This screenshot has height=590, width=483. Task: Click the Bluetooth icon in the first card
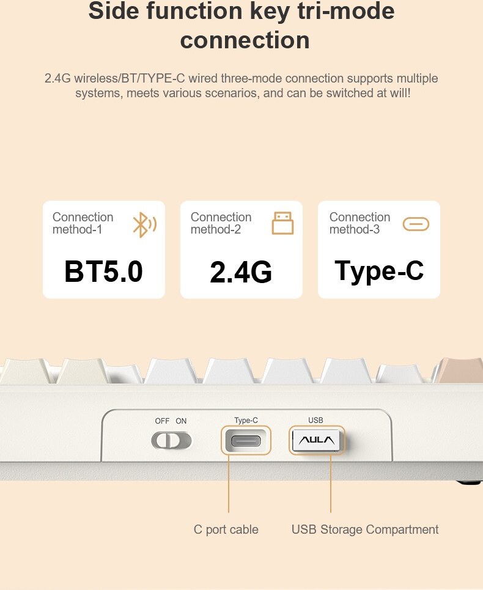point(144,224)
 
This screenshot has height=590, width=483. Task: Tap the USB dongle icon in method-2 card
point(283,223)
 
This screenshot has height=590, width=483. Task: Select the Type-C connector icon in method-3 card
point(416,224)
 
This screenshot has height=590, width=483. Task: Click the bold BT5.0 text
point(103,271)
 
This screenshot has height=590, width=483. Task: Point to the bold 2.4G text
point(241,271)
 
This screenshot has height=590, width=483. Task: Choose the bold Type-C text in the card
point(379,271)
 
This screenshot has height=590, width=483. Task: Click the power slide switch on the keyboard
point(172,441)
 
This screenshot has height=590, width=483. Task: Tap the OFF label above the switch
point(162,421)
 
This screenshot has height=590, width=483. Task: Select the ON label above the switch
point(182,421)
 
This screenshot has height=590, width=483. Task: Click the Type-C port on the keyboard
point(246,441)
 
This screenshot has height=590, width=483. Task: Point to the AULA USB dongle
point(316,440)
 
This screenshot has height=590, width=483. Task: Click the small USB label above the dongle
point(315,420)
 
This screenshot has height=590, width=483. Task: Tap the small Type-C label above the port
point(246,420)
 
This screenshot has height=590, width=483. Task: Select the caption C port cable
point(226,529)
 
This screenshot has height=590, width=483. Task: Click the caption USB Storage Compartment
point(365,529)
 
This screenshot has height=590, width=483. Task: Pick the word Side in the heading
point(114,10)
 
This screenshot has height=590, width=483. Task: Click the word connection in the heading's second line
point(245,40)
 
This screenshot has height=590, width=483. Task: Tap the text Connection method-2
point(221,223)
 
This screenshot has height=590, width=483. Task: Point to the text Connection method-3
point(359,223)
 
